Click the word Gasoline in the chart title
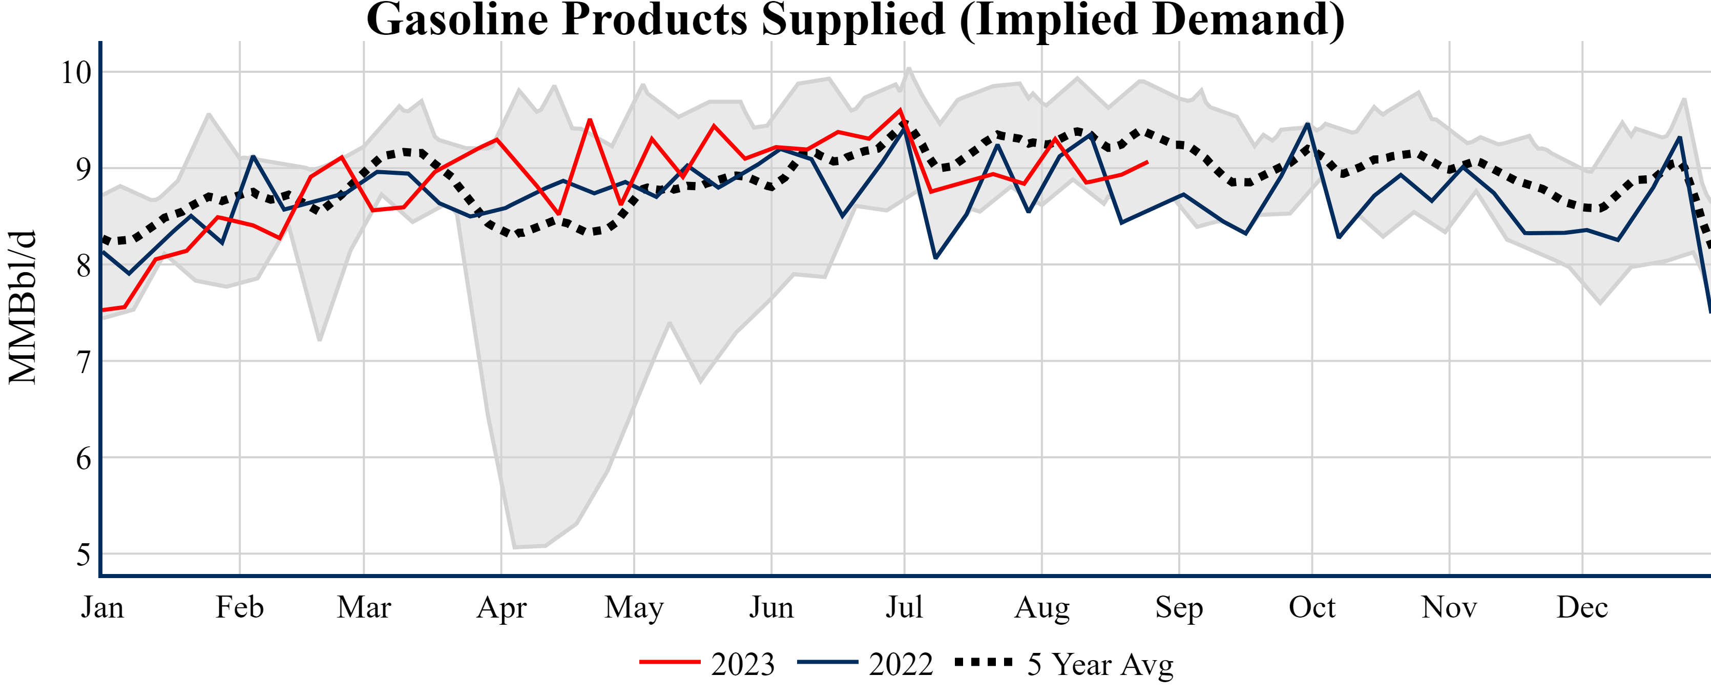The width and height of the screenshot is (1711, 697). tap(456, 20)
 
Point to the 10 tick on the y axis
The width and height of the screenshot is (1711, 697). tap(76, 72)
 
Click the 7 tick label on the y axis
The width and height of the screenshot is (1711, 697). tap(83, 362)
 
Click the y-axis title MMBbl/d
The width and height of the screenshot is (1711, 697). tap(23, 307)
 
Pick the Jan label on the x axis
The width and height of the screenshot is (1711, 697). tap(102, 607)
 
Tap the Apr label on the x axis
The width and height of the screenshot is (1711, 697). tap(502, 607)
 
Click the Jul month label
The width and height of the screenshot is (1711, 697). tap(904, 607)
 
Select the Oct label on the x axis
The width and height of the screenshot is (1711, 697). tap(1312, 607)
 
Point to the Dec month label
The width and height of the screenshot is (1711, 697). tap(1582, 607)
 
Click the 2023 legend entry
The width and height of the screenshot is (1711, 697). tap(707, 664)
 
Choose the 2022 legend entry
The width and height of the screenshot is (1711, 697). tap(865, 664)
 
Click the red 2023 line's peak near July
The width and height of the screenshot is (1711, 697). tap(900, 110)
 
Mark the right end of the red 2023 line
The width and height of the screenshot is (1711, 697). tap(1147, 162)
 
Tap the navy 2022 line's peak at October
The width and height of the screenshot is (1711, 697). tap(1308, 124)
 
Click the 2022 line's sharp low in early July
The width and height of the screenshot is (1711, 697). tap(936, 258)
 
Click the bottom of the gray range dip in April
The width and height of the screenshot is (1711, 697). tap(515, 547)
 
